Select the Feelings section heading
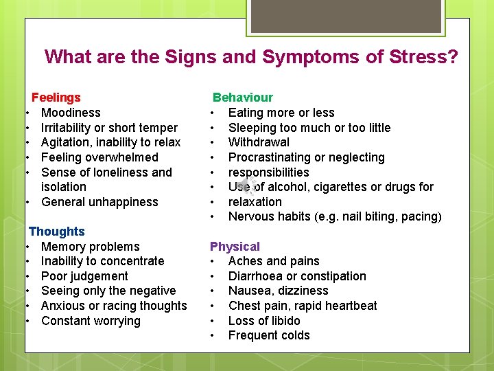pyautogui.click(x=56, y=98)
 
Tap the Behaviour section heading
pyautogui.click(x=242, y=98)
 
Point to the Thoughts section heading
pyautogui.click(x=57, y=232)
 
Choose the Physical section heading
pyautogui.click(x=235, y=246)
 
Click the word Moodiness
pyautogui.click(x=71, y=113)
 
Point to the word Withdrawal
pyautogui.click(x=259, y=142)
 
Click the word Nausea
pyautogui.click(x=249, y=291)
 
